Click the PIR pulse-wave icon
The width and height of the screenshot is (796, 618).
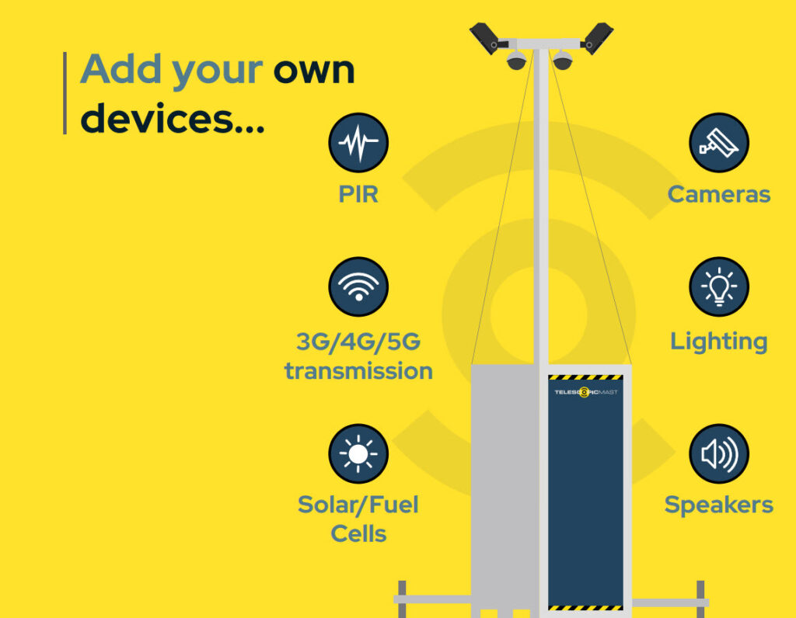[x=358, y=143]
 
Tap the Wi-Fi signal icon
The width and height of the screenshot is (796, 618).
[x=358, y=287]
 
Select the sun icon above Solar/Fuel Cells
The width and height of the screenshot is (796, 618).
[x=358, y=453]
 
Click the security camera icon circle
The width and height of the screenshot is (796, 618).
[x=719, y=143]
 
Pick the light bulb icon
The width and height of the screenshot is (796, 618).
[x=719, y=287]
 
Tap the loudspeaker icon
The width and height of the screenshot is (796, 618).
[x=719, y=453]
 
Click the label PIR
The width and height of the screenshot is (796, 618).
[x=358, y=194]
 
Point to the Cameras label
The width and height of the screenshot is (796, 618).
[x=719, y=194]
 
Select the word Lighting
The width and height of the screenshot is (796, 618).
[x=719, y=342]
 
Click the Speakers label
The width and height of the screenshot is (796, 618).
[x=719, y=505]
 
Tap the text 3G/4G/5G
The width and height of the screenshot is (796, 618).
[x=358, y=342]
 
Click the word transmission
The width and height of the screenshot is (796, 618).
[x=358, y=371]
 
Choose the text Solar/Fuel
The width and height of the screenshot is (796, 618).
[x=358, y=505]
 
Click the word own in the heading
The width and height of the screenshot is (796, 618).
[x=314, y=71]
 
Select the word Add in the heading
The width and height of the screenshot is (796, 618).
[x=121, y=68]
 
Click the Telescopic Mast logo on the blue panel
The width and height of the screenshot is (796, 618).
[x=586, y=392]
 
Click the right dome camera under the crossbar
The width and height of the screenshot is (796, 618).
[x=563, y=60]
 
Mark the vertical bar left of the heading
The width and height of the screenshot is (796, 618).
[x=65, y=93]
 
